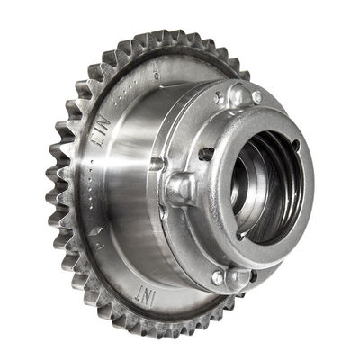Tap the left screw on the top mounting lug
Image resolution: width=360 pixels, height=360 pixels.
pos(220,97)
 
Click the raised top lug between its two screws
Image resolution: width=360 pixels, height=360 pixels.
pos(238,93)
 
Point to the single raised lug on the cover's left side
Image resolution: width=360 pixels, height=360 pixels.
pos(179,189)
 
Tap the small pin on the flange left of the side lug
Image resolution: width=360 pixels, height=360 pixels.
pos(158,166)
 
